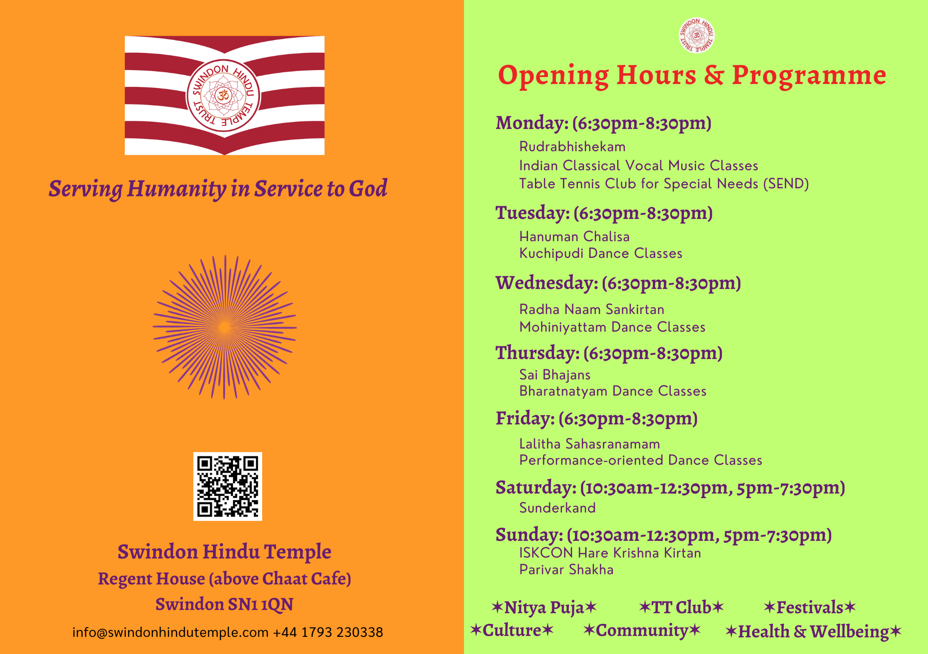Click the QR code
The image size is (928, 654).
(x=227, y=486)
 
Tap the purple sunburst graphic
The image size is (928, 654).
(x=225, y=327)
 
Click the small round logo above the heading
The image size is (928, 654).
(x=696, y=35)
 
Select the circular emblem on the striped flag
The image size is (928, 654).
(x=224, y=96)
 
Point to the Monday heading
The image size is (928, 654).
(x=604, y=123)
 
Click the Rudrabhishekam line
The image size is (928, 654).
(x=572, y=147)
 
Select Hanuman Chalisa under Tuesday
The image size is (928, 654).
(x=574, y=237)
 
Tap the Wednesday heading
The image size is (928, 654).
(x=619, y=283)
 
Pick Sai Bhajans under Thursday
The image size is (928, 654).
(x=555, y=375)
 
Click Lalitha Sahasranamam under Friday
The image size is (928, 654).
(x=589, y=444)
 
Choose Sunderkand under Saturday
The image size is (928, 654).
(x=557, y=508)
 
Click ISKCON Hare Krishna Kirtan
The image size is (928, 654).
(x=610, y=553)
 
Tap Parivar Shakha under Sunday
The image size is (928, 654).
(x=566, y=570)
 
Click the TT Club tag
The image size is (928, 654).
(x=681, y=607)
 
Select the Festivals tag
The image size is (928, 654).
(x=810, y=607)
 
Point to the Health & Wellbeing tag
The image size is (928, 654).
(x=813, y=632)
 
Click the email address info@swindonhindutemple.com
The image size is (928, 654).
(x=170, y=633)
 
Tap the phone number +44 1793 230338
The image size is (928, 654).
(x=328, y=633)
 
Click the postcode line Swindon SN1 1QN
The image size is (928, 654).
(x=225, y=604)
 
